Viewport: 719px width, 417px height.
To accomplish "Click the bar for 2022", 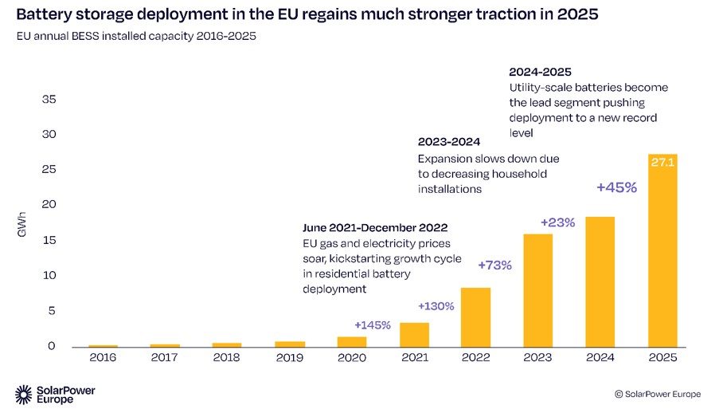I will tap(476, 317).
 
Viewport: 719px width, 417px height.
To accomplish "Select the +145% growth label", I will tap(373, 325).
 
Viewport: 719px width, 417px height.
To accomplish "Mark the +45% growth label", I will tap(617, 188).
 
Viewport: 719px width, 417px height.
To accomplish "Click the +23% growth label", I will tap(557, 222).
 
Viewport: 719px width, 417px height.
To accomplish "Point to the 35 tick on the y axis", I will tap(49, 100).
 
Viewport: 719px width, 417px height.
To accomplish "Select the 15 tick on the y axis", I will tap(49, 240).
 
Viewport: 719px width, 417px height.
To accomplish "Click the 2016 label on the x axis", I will tap(103, 358).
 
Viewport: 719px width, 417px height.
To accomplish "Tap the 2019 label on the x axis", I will tap(289, 358).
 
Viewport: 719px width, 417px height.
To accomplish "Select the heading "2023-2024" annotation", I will tap(449, 142).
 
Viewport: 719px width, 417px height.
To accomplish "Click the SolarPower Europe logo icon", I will tap(24, 394).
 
